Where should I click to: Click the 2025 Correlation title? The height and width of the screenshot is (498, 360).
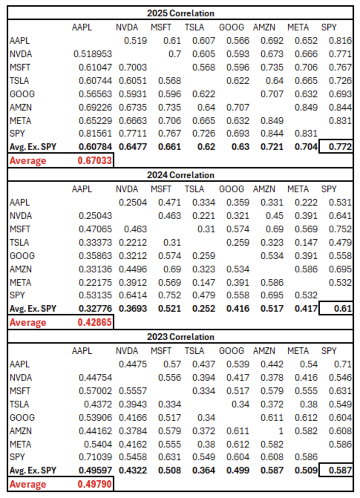tap(180, 13)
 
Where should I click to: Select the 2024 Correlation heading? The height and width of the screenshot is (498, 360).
tap(180, 175)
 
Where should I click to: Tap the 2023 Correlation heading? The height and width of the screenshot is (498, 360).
tap(180, 337)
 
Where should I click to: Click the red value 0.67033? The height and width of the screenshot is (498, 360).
tap(95, 161)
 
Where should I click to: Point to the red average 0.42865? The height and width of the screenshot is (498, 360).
tap(95, 322)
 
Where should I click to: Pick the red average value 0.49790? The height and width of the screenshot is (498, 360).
tap(95, 484)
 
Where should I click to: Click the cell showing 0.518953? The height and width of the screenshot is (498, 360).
tap(93, 54)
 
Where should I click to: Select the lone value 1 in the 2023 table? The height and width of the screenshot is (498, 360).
tap(281, 431)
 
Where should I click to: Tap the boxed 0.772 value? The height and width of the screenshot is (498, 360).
tap(340, 147)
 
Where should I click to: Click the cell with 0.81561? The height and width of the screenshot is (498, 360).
tap(95, 134)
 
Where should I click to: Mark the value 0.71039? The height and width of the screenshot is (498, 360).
tap(95, 457)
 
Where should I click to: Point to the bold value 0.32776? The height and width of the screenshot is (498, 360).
tap(95, 309)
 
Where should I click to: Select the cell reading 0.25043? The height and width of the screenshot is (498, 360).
tap(95, 216)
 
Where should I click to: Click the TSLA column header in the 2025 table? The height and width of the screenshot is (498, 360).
tap(194, 27)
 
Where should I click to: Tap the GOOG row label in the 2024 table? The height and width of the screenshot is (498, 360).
tap(22, 256)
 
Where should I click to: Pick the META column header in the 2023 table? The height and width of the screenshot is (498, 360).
tap(298, 351)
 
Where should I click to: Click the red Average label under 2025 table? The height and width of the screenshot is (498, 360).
tap(28, 161)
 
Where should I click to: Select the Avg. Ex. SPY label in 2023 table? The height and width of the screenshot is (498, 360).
tap(33, 471)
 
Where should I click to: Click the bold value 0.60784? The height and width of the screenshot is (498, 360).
tap(95, 147)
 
